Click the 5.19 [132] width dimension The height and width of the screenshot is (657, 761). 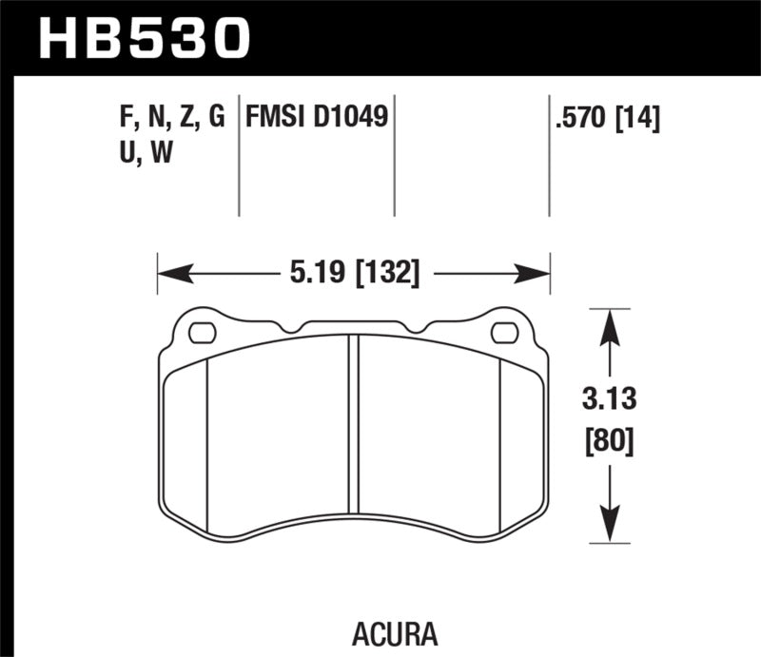(353, 275)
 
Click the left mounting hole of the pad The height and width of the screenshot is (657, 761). (203, 333)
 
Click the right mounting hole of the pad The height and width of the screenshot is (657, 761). (504, 333)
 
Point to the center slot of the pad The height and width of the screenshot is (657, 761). (353, 423)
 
